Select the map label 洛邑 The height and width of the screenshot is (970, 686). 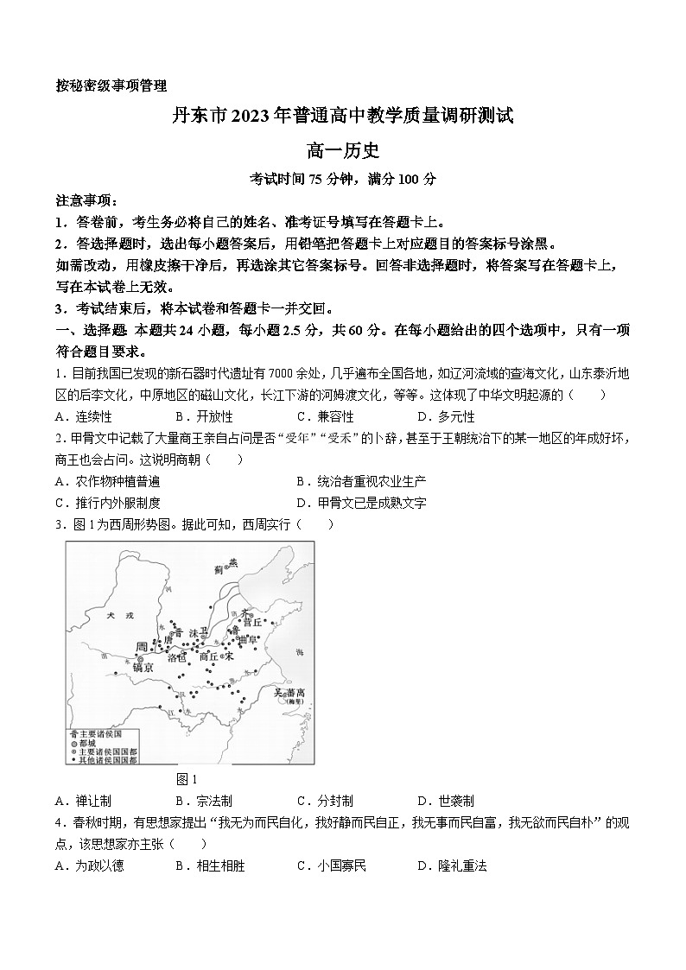(x=176, y=658)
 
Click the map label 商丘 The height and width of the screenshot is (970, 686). (x=208, y=656)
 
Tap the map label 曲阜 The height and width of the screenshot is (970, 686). (x=249, y=639)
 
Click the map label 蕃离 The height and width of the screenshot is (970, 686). (x=295, y=694)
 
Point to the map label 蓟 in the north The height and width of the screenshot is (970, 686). (x=219, y=569)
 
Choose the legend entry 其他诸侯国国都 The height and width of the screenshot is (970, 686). (x=107, y=760)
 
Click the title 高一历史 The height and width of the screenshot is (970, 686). (x=343, y=151)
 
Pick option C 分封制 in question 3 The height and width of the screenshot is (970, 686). (x=329, y=801)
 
